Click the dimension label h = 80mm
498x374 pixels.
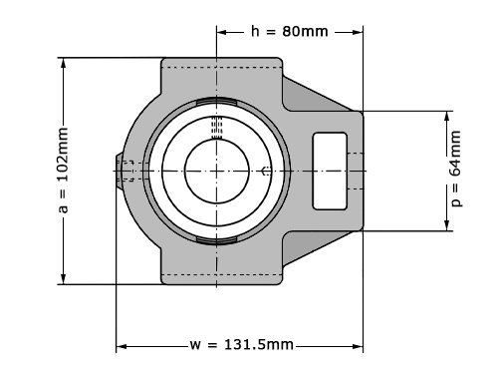pyautogui.click(x=290, y=32)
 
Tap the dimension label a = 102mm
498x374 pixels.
pyautogui.click(x=63, y=171)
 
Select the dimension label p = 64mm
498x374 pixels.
pyautogui.click(x=455, y=169)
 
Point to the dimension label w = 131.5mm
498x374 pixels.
pyautogui.click(x=242, y=345)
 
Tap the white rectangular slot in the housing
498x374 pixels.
pyautogui.click(x=330, y=171)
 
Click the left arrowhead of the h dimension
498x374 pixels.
pyautogui.click(x=221, y=32)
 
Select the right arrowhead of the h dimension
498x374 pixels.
pyautogui.click(x=358, y=32)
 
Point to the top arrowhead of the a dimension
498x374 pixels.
pyautogui.click(x=64, y=63)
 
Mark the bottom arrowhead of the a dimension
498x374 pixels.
pyautogui.click(x=64, y=279)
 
